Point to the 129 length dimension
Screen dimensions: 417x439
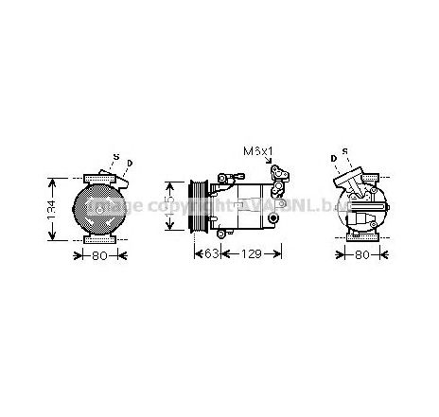coord(251,252)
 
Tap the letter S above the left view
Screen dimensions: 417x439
coord(115,156)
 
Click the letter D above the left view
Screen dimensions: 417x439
coord(130,164)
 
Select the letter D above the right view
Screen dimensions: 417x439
coord(333,158)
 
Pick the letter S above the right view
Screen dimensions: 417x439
coord(345,151)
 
